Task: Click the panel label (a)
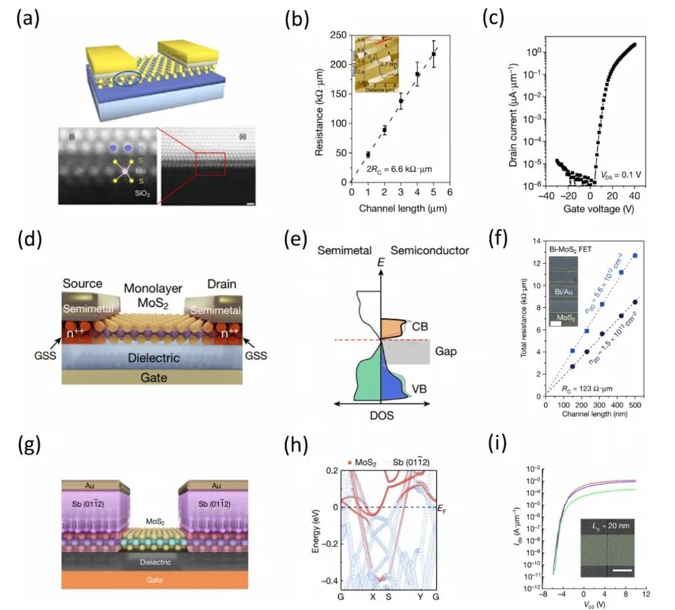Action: click(x=28, y=18)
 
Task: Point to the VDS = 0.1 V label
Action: click(x=621, y=175)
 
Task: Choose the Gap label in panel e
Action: click(x=445, y=352)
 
